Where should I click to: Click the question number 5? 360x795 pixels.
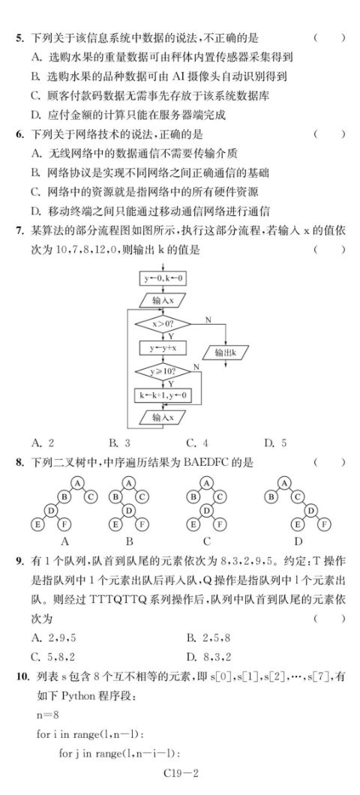(19, 37)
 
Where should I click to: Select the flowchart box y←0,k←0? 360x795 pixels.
(162, 278)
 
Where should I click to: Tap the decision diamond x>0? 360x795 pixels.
(162, 323)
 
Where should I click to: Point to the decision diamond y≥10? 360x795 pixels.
(162, 372)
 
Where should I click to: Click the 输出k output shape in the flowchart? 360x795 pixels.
(226, 352)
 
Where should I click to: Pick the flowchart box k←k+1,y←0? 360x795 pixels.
(162, 395)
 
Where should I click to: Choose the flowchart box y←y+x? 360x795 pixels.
(162, 348)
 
